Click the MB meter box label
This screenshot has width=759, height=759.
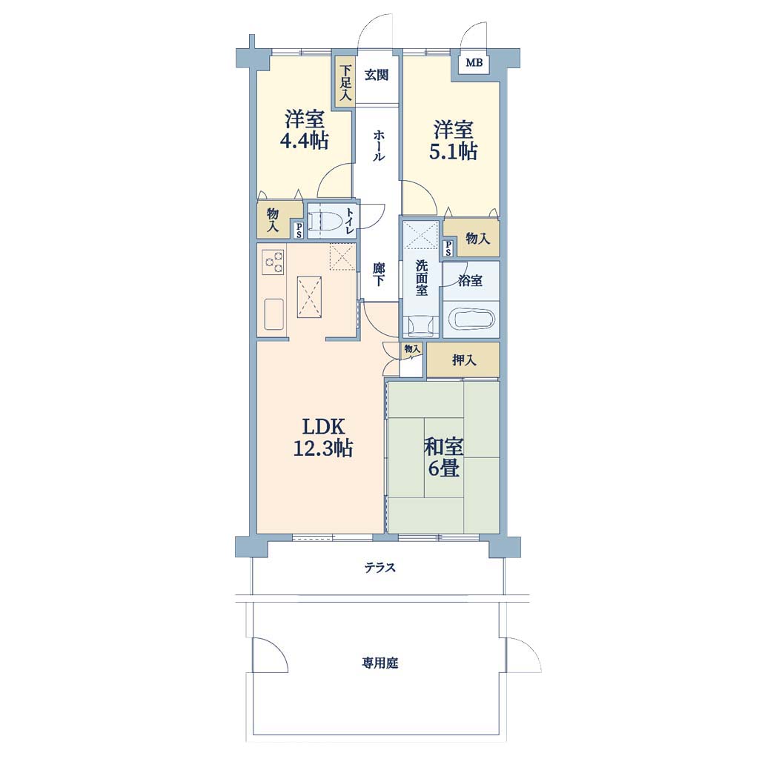474,62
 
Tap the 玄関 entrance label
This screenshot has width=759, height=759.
377,75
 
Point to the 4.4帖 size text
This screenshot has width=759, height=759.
304,141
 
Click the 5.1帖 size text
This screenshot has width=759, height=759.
453,151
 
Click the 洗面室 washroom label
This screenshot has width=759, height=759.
421,278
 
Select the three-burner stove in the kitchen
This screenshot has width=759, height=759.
273,262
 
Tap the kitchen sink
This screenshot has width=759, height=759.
274,314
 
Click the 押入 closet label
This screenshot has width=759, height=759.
464,360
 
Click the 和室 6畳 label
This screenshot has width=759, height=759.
443,457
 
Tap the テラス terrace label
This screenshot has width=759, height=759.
380,567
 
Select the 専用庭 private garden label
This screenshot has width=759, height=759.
380,663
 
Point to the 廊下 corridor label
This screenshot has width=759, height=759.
379,274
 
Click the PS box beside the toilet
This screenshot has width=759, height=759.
299,231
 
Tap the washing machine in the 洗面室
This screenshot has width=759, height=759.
421,325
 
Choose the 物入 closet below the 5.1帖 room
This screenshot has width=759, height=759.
472,237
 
